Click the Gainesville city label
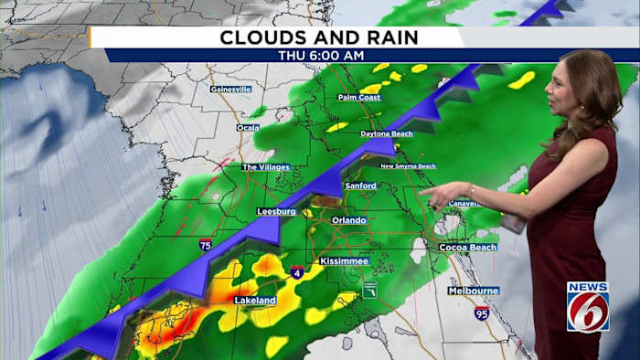coord(229,89)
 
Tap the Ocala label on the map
coord(248,127)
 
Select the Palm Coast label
coord(358,97)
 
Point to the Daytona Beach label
coord(386,133)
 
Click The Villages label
coord(265,167)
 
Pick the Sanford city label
coord(360,185)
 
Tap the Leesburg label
coord(276,211)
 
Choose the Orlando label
coord(348,220)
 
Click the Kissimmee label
coord(344,261)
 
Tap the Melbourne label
coord(473,291)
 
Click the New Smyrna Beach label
coord(408,166)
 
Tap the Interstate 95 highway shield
coord(481,313)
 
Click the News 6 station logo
coord(587,306)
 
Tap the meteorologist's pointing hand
coord(437,195)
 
